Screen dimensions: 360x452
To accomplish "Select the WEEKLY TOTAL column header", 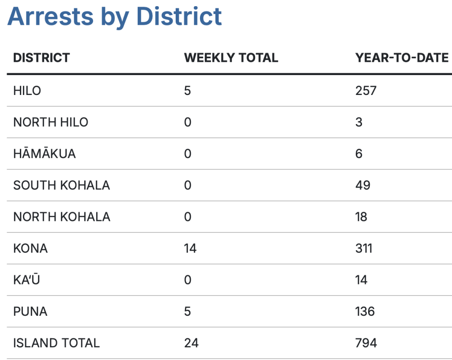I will click(x=231, y=58).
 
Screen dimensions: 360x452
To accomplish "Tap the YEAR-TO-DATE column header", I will click(x=402, y=58).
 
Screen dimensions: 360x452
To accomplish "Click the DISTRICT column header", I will click(x=41, y=58).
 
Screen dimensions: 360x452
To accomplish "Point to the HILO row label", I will click(x=27, y=91).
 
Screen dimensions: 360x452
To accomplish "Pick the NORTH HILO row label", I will click(x=51, y=122).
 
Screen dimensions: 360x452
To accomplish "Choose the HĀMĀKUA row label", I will click(x=44, y=154).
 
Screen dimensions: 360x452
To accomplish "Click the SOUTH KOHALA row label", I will click(x=61, y=185).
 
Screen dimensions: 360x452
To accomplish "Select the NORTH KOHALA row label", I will click(x=61, y=217).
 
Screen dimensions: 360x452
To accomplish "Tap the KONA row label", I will click(x=30, y=248).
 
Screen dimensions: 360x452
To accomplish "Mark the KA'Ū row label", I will click(x=26, y=280).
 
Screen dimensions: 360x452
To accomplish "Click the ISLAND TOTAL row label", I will click(x=56, y=343).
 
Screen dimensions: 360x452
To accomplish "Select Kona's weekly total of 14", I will click(x=190, y=248).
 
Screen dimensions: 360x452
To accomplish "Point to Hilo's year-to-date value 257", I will click(x=366, y=91).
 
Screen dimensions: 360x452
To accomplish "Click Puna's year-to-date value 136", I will click(x=365, y=311).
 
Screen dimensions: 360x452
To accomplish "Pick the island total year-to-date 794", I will click(x=366, y=343).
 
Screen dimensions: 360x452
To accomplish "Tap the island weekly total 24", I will click(x=191, y=343).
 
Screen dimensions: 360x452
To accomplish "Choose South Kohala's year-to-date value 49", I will click(x=363, y=185).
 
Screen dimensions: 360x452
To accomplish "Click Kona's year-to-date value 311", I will click(x=364, y=248).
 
